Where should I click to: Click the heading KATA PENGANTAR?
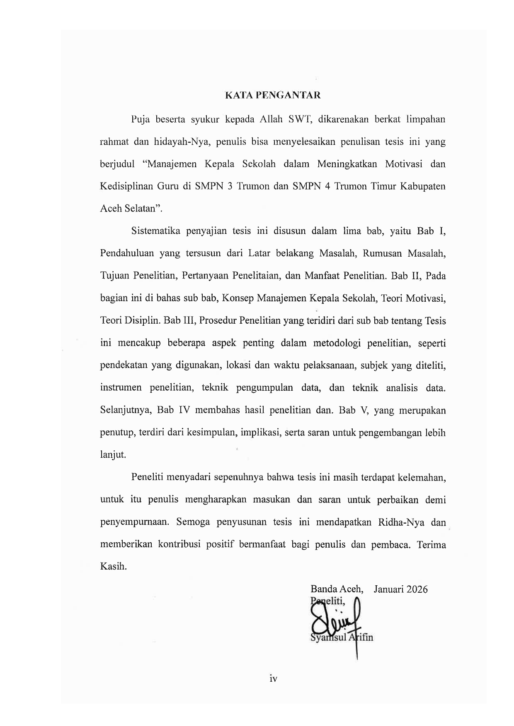click(273, 96)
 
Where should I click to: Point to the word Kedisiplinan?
click(126, 186)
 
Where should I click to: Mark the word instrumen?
click(121, 387)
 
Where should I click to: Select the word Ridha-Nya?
click(401, 522)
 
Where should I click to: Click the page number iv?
click(273, 679)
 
